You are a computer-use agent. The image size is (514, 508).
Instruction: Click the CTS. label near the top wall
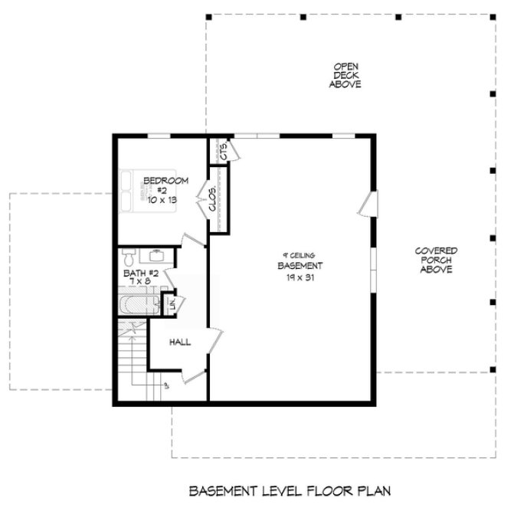coord(224,152)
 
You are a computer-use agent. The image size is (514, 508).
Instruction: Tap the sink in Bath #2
coord(156,255)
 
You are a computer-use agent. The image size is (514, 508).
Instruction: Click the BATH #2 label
coord(140,273)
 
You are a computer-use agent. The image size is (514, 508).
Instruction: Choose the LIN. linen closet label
coord(172,303)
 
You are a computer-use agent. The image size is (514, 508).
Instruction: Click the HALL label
coord(179,342)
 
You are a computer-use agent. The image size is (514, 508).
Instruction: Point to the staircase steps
coord(133,360)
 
